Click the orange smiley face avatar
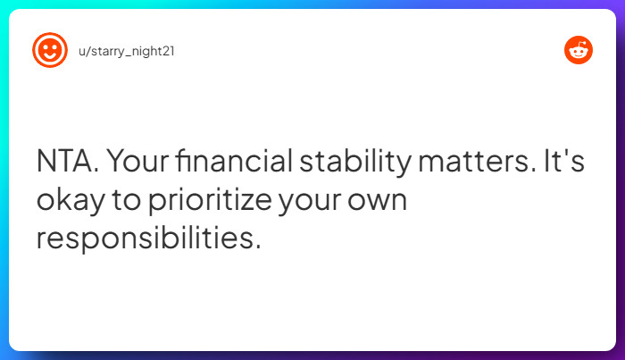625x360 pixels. tap(50, 50)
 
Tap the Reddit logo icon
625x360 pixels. tap(579, 50)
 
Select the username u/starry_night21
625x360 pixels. tap(127, 52)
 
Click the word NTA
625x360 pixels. tap(67, 161)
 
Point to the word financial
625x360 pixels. tap(234, 160)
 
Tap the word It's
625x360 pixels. tap(564, 160)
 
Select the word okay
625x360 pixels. tap(71, 201)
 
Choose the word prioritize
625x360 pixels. tap(211, 200)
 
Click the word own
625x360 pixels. tap(377, 200)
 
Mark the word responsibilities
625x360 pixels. tap(146, 239)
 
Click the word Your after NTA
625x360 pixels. tap(137, 161)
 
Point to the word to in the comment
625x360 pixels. tap(126, 200)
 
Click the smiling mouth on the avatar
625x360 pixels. tap(50, 55)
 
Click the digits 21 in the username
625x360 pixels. tap(169, 51)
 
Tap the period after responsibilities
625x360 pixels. tap(258, 247)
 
